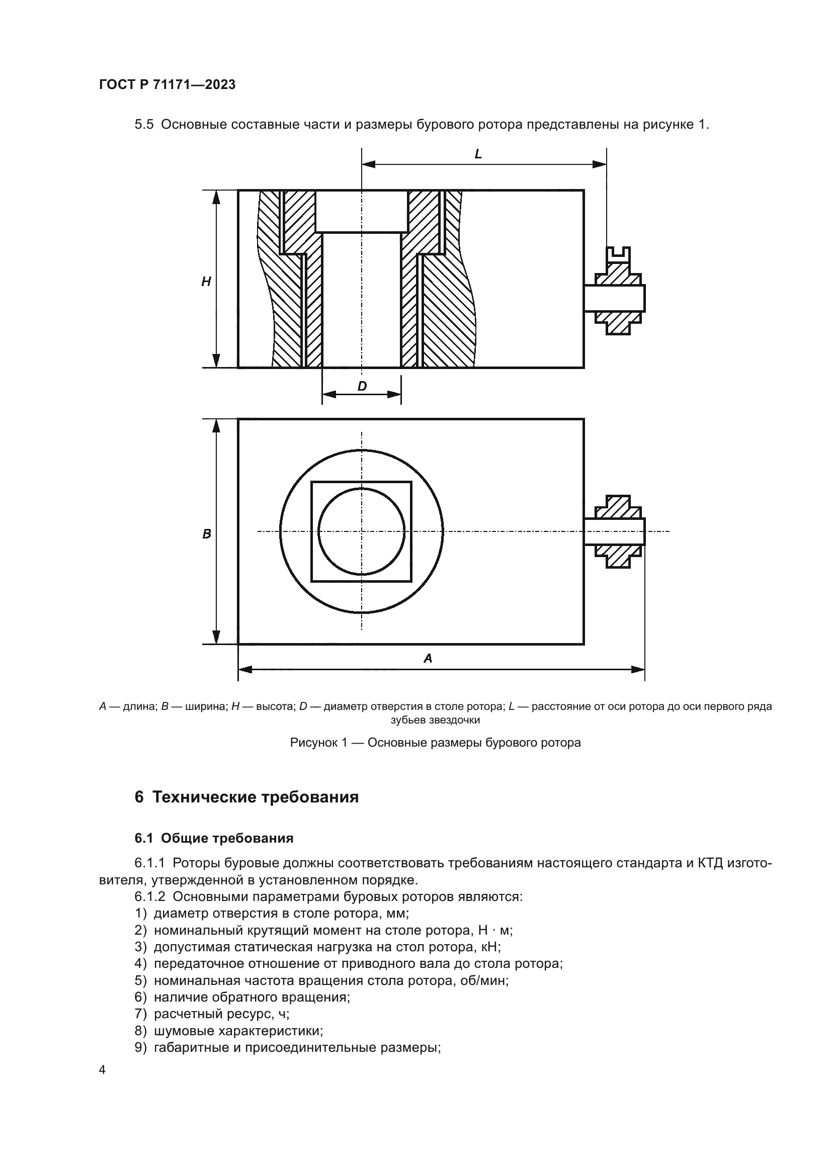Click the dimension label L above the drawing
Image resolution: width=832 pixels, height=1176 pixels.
click(478, 154)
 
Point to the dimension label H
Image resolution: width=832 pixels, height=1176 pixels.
click(206, 281)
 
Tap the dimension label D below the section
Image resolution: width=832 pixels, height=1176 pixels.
click(362, 386)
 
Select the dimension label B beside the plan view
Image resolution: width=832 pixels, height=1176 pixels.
click(206, 534)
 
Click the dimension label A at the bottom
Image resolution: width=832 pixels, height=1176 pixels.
click(428, 659)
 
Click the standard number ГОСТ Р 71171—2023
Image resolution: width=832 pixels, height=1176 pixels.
click(167, 85)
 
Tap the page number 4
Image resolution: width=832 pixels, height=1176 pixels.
click(102, 1069)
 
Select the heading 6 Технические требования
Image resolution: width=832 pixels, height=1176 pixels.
click(246, 797)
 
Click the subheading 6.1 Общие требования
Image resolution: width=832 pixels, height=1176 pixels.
click(214, 839)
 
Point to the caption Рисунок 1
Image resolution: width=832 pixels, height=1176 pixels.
click(435, 743)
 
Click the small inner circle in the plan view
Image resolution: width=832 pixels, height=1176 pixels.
click(361, 531)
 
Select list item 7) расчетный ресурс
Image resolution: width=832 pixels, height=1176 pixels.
click(212, 1014)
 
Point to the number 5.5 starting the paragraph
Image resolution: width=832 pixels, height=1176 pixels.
click(144, 125)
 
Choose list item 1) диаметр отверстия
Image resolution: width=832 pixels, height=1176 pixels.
click(272, 913)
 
